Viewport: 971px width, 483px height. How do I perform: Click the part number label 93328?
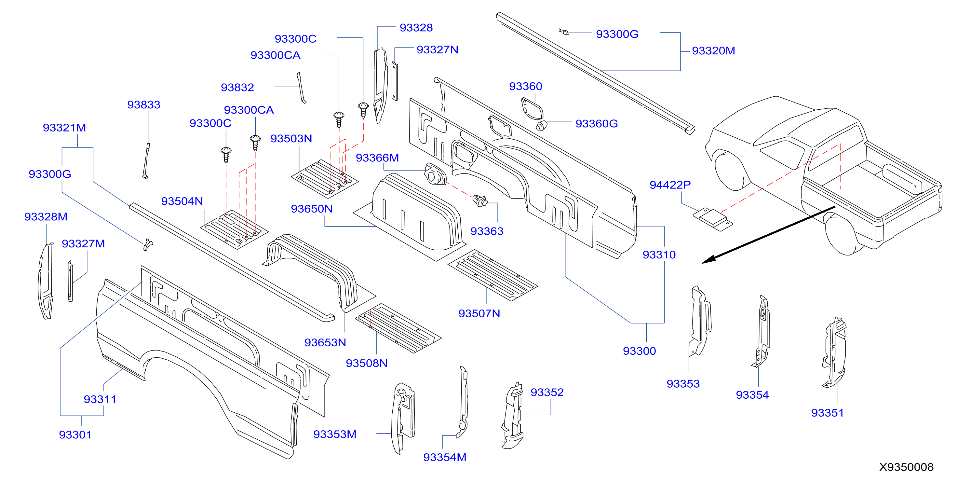416,28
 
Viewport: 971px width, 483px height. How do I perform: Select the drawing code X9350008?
906,467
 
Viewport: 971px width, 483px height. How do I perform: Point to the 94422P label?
670,185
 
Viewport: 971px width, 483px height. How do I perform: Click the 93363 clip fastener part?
480,201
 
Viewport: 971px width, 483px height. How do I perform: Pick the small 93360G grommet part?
541,126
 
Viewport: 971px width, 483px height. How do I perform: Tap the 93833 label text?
143,104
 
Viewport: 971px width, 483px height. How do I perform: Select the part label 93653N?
325,342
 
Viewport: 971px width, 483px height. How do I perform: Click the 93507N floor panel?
492,275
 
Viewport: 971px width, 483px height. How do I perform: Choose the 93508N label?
366,363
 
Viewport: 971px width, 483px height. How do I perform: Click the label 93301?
75,435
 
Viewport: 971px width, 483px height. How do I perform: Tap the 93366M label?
377,158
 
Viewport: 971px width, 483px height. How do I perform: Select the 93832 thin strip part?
301,88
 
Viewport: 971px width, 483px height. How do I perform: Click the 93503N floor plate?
325,179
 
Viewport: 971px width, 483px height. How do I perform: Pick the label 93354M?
444,457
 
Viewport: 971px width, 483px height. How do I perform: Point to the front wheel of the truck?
731,171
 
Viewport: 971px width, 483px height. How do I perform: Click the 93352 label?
547,393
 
